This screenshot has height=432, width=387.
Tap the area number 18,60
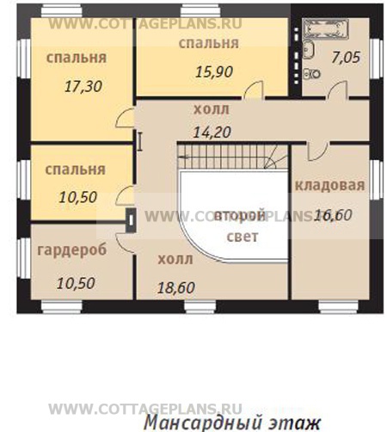(x=175, y=287)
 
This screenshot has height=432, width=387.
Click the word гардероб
(x=71, y=250)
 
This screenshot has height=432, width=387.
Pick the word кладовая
(x=330, y=185)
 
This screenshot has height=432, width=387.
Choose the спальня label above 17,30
(x=77, y=59)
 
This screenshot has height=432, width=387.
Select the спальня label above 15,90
(x=209, y=42)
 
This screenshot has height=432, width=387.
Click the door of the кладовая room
(x=316, y=151)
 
